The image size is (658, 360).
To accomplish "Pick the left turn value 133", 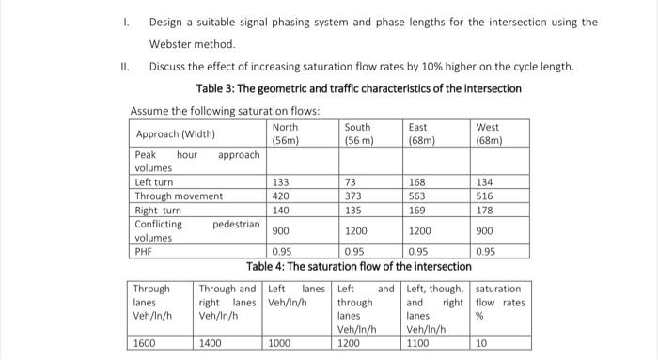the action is [280, 182].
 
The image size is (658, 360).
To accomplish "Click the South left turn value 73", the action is [351, 182].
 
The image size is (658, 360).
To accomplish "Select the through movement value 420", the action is [280, 196].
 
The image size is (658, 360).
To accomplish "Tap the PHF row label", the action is [144, 252].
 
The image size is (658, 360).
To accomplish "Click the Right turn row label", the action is [157, 211].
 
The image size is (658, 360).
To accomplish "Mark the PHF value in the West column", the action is [486, 252].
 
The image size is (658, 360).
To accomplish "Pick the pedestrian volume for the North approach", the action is [280, 231].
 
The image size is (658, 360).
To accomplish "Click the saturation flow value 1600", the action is [144, 344].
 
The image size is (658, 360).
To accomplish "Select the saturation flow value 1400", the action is [211, 344].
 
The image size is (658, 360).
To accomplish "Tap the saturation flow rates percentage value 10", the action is [482, 344].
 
